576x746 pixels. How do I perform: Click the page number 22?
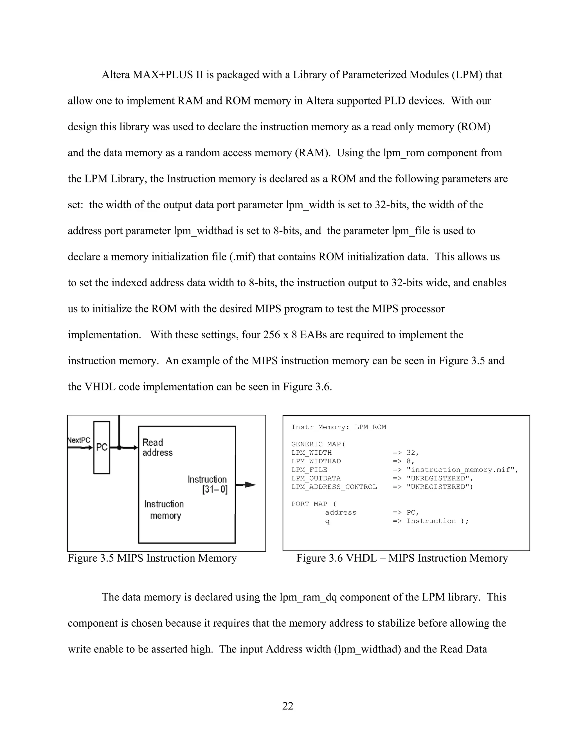288,706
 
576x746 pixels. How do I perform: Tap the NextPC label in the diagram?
79,440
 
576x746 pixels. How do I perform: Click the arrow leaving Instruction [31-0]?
246,485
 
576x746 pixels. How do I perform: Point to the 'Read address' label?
157,448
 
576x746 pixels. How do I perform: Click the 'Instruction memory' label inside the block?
165,510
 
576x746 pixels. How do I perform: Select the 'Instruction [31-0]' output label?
208,484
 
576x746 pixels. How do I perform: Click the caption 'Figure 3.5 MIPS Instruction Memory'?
152,558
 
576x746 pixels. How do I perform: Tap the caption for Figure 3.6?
402,558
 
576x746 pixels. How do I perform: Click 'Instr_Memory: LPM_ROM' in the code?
339,427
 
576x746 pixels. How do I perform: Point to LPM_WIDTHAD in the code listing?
316,461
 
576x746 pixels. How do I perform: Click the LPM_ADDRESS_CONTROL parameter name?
334,487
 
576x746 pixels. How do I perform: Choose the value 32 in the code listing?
411,453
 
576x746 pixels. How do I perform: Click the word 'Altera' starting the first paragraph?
116,75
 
